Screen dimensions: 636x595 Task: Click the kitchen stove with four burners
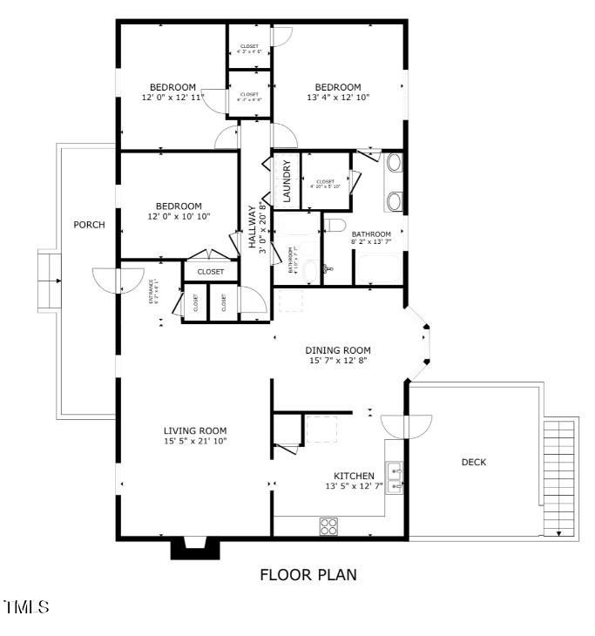328,525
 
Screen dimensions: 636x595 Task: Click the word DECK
474,462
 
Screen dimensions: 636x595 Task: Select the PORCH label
89,225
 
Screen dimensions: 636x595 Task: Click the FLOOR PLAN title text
308,575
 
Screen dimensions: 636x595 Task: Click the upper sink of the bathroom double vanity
393,162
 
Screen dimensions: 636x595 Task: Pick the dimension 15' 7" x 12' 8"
338,360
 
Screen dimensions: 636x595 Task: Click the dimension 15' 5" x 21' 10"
195,441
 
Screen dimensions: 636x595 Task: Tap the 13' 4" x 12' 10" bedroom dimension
338,98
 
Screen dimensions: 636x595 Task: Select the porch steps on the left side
48,281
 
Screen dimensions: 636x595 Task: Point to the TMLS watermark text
26,606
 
